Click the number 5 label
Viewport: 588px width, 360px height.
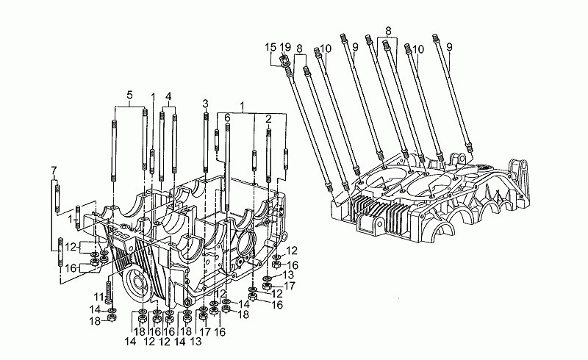pos(129,95)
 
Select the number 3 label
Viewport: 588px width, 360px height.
pos(205,103)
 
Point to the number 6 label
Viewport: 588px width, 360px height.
pos(228,118)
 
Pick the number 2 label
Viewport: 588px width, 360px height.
pos(269,118)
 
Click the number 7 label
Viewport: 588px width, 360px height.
pos(54,171)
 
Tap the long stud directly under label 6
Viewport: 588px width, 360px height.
pos(229,162)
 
